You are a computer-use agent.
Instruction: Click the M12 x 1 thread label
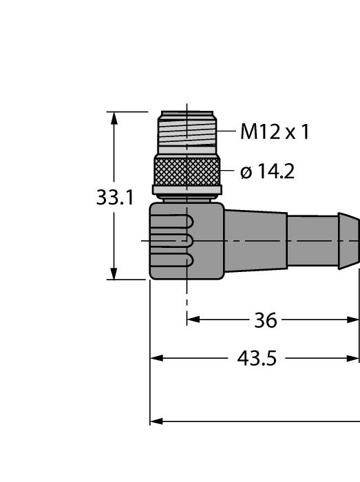pos(274,132)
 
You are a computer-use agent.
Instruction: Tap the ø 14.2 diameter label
pos(267,171)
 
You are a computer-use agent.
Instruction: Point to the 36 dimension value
pos(265,320)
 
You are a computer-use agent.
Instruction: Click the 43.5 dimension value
pos(256,359)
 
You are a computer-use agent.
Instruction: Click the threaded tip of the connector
pos(187,134)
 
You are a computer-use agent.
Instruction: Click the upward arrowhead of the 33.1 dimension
pos(114,118)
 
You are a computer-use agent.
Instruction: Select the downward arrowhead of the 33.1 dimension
pos(114,273)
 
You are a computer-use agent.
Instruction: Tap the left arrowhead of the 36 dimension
pos(193,319)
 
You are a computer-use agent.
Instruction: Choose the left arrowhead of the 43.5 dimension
pos(157,358)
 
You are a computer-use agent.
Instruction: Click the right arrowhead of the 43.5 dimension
pos(354,358)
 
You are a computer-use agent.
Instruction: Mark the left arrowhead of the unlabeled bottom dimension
pos(157,421)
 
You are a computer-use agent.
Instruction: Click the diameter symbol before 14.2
pos(246,172)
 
